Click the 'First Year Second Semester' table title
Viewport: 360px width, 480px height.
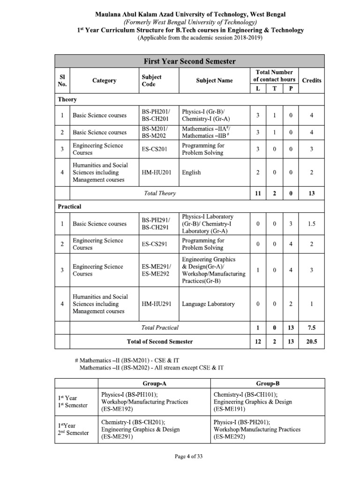(189, 61)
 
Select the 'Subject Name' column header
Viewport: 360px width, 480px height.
(214, 80)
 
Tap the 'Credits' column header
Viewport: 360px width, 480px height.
(312, 80)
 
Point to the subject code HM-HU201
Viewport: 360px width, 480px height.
(157, 172)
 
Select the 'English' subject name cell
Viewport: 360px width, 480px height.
(191, 172)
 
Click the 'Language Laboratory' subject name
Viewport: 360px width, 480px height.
(208, 304)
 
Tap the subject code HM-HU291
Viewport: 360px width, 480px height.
(157, 304)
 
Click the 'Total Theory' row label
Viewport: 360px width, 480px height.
(159, 193)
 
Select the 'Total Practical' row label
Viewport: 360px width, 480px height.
(159, 328)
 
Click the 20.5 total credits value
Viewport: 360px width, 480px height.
(312, 342)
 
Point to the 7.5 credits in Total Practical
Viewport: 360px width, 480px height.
(312, 328)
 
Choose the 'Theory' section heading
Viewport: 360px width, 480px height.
(67, 99)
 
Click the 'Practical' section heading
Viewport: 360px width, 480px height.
(69, 206)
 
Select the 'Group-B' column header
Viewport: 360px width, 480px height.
(267, 383)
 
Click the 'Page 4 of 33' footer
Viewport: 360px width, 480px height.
(180, 456)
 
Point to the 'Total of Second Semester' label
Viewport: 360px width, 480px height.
(159, 342)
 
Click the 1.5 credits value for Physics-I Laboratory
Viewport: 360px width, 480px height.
(312, 224)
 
